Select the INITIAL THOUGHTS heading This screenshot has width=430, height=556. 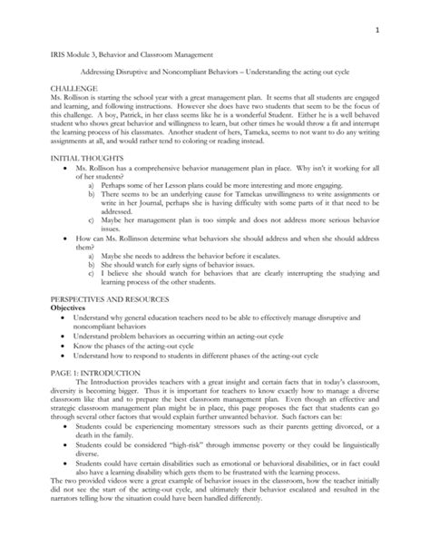pos(65,158)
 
